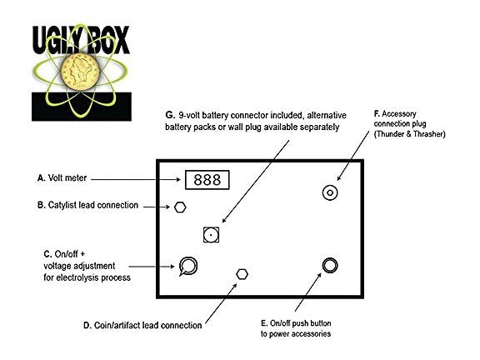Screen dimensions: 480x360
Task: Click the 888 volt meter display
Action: tap(207, 180)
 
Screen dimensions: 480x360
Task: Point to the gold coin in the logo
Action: tap(80, 72)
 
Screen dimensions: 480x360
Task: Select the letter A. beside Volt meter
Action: tap(42, 177)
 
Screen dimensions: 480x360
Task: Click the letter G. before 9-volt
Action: tap(170, 115)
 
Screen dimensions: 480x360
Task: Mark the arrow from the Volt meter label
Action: tap(136, 179)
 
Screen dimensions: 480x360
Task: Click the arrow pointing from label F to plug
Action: tap(353, 156)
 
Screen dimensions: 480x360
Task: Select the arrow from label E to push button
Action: tap(308, 292)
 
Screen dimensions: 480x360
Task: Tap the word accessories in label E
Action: tap(312, 333)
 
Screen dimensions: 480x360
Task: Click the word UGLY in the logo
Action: tap(57, 40)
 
